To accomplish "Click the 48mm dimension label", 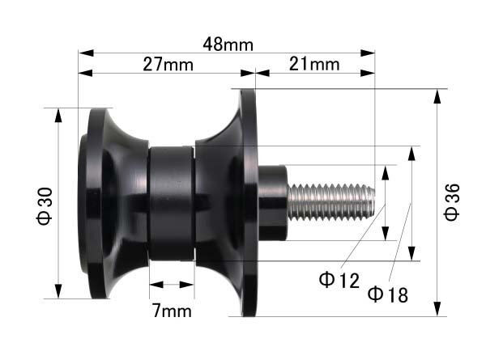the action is [x=228, y=44].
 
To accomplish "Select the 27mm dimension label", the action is [x=168, y=65].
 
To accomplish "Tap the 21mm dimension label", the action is [x=314, y=65].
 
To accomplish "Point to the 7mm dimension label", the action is [x=172, y=311].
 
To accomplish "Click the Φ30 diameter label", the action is [x=45, y=205].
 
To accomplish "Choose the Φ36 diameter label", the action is [x=452, y=202].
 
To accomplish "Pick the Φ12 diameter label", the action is [x=339, y=280].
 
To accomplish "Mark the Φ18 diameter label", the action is [x=387, y=294].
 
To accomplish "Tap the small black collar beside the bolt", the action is [x=273, y=203].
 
